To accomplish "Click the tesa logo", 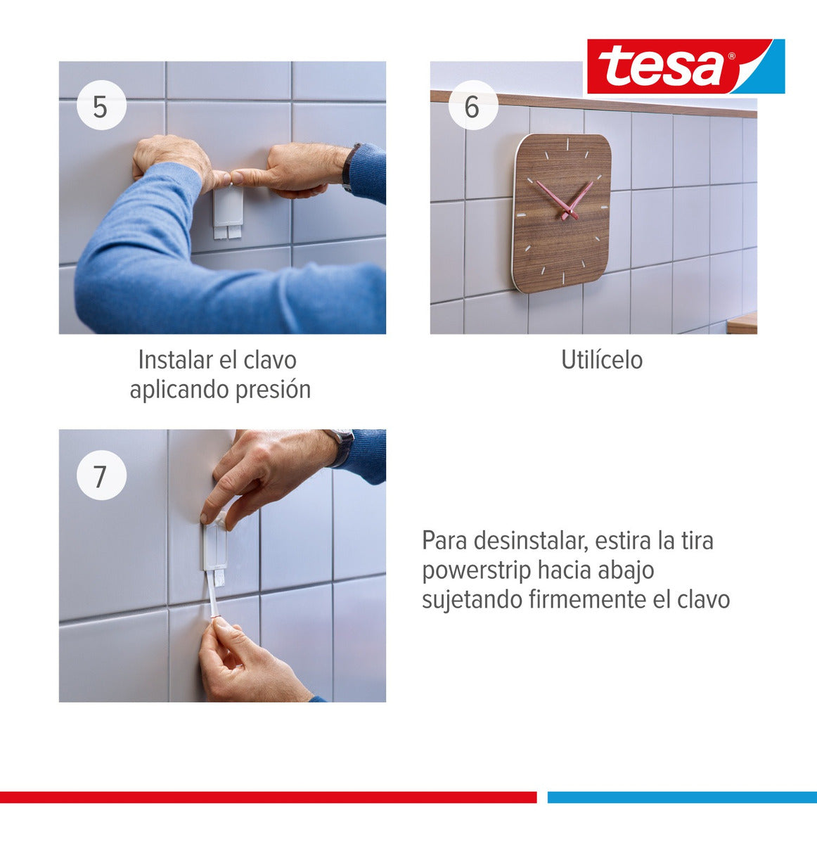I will click(685, 66).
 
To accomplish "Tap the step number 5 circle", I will click(101, 106).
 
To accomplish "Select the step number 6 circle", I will click(472, 106).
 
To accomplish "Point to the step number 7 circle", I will click(101, 475).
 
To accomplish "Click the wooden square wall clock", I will click(561, 212).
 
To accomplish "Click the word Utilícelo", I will click(601, 360).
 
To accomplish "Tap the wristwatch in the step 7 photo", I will click(343, 445).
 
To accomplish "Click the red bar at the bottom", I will click(267, 797).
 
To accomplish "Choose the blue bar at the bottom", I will click(681, 797).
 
